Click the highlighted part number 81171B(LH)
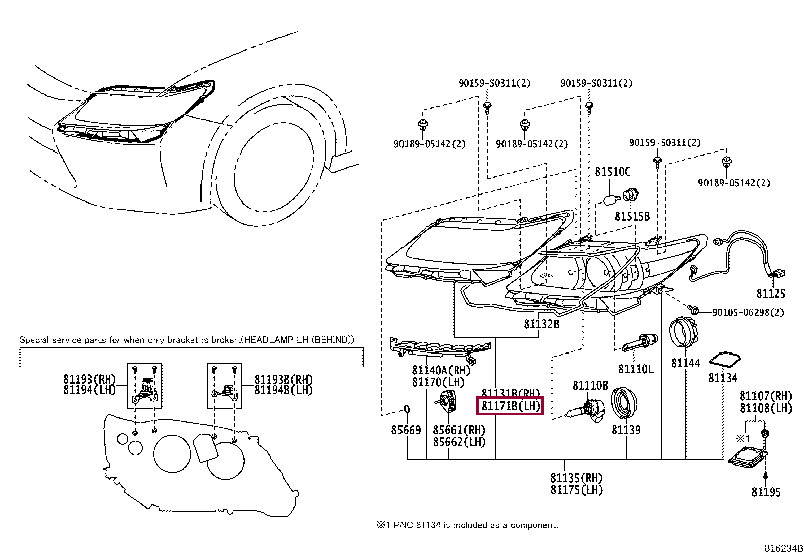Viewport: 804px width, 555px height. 510,406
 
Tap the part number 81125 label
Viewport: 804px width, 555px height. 771,293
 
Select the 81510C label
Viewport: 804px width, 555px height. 613,172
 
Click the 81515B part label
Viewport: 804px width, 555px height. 632,217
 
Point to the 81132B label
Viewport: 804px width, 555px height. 541,324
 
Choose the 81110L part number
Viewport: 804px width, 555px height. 636,369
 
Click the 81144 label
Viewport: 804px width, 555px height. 685,363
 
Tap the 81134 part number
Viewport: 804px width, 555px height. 722,378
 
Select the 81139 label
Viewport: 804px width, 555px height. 626,430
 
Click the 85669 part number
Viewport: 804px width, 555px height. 406,430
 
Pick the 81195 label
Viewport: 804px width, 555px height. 766,492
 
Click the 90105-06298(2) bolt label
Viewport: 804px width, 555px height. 748,313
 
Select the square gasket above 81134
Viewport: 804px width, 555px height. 724,360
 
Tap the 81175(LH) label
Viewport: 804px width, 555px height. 576,490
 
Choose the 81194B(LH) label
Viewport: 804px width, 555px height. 283,390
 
